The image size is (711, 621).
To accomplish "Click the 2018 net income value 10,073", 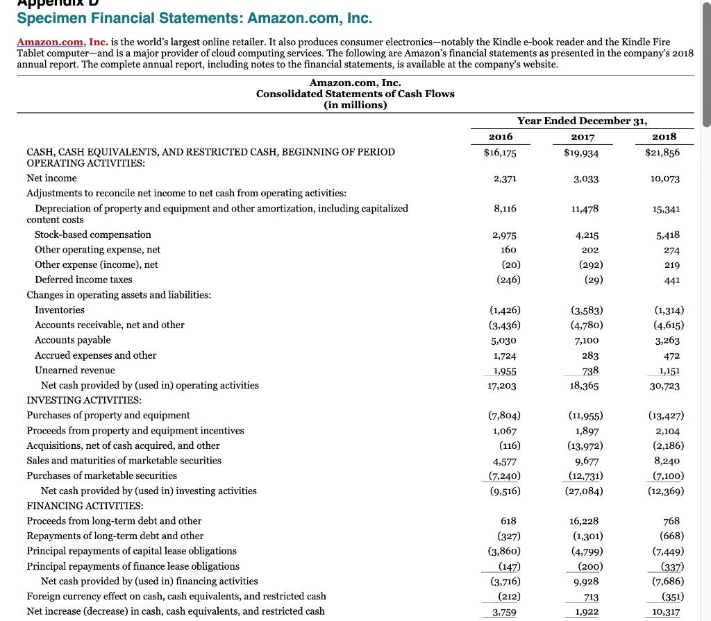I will click(x=665, y=178).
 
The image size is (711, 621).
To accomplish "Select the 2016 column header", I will click(x=501, y=137).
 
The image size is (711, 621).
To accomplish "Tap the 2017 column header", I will click(x=582, y=137).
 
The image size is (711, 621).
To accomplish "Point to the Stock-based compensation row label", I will click(x=93, y=235).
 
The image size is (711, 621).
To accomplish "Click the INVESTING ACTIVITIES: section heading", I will click(x=84, y=400).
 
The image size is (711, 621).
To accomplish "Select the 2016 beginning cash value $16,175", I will click(x=500, y=153).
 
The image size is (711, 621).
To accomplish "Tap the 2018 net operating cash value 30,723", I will click(x=665, y=386).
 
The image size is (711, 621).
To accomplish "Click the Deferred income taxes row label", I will click(x=83, y=280).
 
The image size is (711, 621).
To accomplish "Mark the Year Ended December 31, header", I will click(x=582, y=121).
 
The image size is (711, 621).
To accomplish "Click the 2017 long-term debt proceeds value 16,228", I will click(x=583, y=521).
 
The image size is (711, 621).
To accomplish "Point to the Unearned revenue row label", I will click(x=75, y=371).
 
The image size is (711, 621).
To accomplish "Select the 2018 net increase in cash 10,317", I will click(x=666, y=612).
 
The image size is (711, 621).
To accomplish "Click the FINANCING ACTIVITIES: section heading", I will click(x=85, y=506).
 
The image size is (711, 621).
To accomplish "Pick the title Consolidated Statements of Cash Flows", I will click(x=355, y=94).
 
